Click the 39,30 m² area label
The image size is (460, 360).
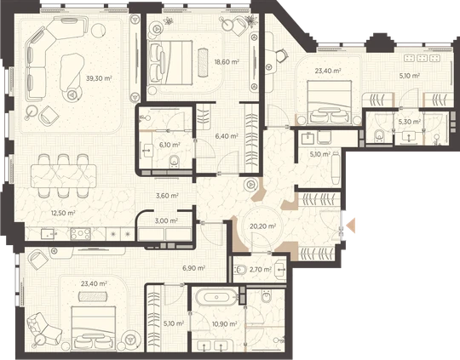point(99,78)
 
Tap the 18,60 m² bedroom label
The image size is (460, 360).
point(227,62)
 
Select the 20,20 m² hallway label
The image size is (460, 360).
point(263,226)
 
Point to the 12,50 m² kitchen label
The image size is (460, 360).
point(63,213)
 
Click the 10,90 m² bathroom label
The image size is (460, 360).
point(224,324)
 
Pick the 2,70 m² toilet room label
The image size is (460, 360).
point(260,269)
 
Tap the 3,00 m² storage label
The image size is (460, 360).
point(167,220)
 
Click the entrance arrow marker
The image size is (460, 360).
point(351,226)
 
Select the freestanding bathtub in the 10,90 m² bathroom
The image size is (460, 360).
point(216,298)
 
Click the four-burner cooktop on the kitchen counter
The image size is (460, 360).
point(81,234)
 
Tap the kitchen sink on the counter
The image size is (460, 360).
point(47,234)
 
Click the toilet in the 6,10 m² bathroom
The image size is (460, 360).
point(175,161)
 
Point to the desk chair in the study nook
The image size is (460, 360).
point(281,54)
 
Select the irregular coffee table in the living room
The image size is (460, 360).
point(72,71)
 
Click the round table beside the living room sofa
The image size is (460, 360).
point(99,30)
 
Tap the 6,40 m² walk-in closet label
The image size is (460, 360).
point(227,136)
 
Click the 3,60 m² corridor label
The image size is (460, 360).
point(167,196)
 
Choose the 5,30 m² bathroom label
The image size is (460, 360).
point(410,122)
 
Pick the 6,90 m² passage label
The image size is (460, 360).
point(193,267)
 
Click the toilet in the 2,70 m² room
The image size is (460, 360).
point(240,269)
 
